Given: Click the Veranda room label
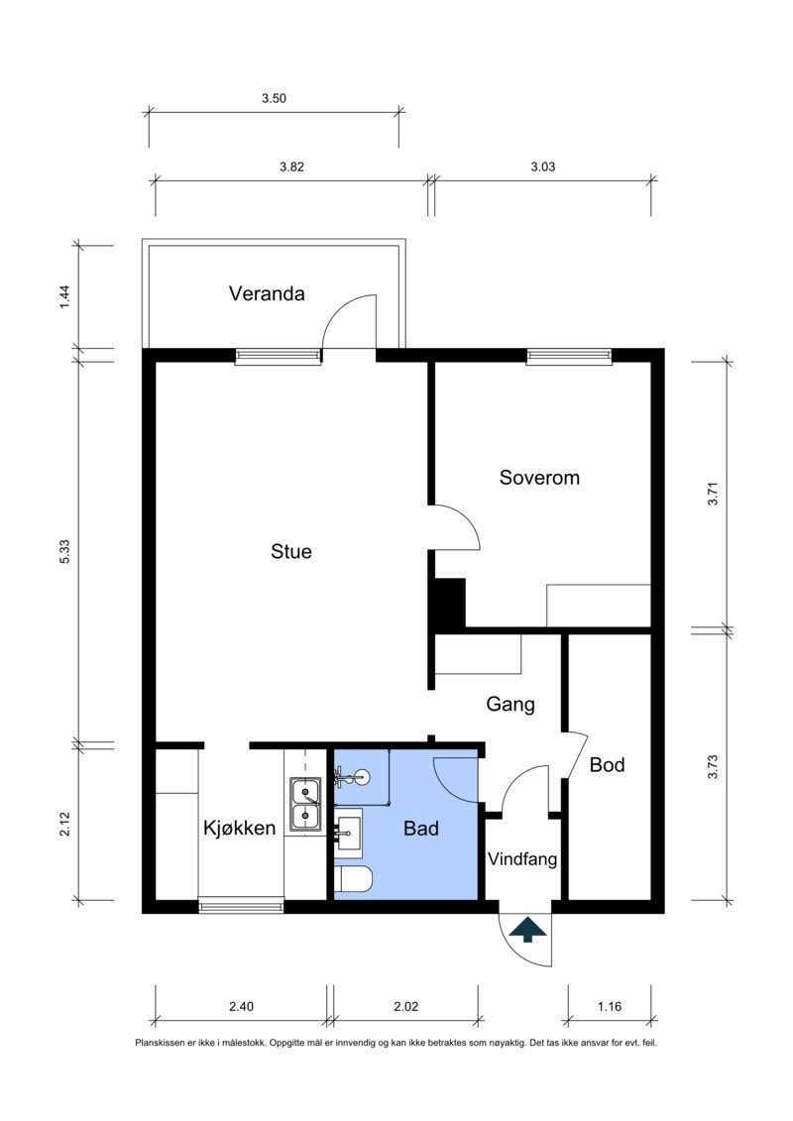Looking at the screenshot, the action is pos(267,293).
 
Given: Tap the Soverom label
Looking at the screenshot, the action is pos(539,478).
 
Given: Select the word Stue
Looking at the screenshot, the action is pos(291,551).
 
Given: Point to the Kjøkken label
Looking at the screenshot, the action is pos(240,828).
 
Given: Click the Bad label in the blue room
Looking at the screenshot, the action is pos(421,829).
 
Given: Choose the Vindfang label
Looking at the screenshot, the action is pos(522,858).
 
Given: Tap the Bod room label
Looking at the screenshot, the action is pos(607,765).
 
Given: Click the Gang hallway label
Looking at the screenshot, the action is pos(510,705).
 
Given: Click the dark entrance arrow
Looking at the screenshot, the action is pos(527,929).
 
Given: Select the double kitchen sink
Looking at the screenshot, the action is pos(305,804).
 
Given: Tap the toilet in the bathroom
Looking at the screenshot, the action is pos(353,879).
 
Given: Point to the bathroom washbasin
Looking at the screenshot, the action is pos(348,831).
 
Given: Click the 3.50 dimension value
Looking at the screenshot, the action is pos(274,99).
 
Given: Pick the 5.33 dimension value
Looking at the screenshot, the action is pos(64,551).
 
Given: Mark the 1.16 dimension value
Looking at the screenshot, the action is pos(610,1007).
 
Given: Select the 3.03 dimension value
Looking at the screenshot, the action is pos(543,167).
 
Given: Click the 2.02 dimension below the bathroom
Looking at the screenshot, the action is pos(405,1007).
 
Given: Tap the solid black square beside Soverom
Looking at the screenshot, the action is pos(450,603).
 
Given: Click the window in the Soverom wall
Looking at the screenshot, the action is pos(569,356).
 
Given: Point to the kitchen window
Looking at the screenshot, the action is pos(241,907).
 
